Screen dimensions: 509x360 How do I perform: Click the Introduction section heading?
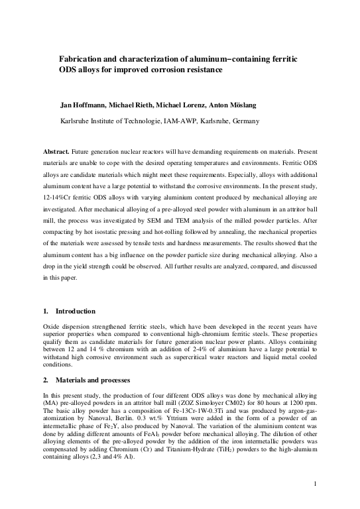click(x=75, y=311)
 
